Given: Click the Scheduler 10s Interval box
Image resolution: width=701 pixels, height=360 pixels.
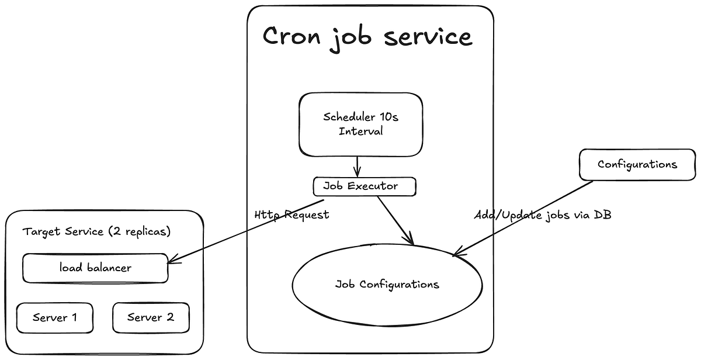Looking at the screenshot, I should [360, 124].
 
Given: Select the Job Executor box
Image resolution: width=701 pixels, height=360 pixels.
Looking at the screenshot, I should [365, 187].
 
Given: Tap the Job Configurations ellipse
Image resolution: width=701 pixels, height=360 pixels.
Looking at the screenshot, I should [387, 285].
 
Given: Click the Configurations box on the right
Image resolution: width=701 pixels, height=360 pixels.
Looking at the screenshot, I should [637, 164].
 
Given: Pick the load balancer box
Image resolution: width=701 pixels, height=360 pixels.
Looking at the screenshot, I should [95, 268].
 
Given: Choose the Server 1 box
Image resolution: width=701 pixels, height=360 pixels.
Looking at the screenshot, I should [54, 317].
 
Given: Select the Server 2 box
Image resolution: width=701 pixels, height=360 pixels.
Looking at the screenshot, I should [151, 317].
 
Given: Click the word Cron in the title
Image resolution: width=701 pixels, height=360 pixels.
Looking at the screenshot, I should [291, 36].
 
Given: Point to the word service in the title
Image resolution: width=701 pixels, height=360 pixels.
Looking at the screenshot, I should [428, 36].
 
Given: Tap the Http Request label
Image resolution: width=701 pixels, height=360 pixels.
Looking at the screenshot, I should [291, 214].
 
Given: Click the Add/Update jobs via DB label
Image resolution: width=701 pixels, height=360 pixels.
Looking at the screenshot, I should [543, 214].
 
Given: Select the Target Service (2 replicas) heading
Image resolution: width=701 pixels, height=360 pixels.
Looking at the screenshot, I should [96, 231].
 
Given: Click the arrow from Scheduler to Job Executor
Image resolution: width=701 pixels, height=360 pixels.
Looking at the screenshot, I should [358, 166].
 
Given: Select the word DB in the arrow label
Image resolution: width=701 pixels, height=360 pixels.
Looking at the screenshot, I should [602, 214].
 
